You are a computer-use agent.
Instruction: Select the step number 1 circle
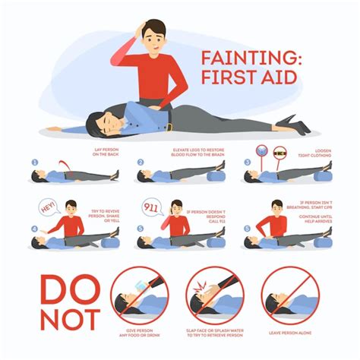pos(34,162)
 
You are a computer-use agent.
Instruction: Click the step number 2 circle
pos(141,162)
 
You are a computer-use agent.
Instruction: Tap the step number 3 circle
pos(247,162)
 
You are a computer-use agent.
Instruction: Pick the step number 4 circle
pos(34,229)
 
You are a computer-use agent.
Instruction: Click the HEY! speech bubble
pos(49,206)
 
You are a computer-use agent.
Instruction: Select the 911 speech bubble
pos(151,206)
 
